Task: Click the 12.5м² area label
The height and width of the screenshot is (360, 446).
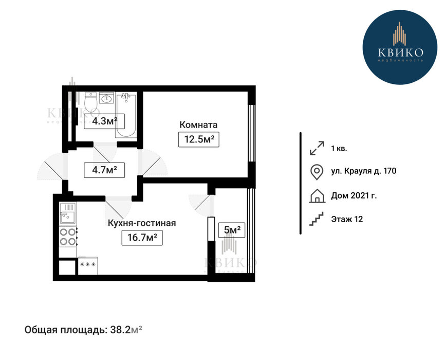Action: tap(198, 139)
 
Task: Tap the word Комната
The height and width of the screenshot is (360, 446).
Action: tap(198, 124)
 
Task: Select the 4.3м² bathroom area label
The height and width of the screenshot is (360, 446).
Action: tap(105, 121)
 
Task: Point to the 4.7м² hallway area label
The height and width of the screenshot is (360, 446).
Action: tap(105, 170)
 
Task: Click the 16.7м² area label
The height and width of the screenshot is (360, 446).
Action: tap(142, 238)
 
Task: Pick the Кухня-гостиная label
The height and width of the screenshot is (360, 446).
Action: tap(142, 223)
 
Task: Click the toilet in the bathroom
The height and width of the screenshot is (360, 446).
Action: tap(91, 102)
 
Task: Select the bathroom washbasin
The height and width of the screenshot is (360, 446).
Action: tap(106, 98)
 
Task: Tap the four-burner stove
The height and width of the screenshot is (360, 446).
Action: tap(68, 237)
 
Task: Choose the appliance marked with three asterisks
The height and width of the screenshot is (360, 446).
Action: tap(88, 266)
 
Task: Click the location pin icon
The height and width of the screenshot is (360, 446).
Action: tap(317, 172)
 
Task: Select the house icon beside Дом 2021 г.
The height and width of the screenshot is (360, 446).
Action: tap(317, 196)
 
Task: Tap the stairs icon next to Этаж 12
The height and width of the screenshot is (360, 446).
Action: tap(317, 219)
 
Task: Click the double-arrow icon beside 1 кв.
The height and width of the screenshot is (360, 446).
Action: tap(317, 148)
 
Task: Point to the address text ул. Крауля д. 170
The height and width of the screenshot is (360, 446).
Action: tap(363, 171)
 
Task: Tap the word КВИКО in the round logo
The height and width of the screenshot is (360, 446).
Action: tap(400, 52)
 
